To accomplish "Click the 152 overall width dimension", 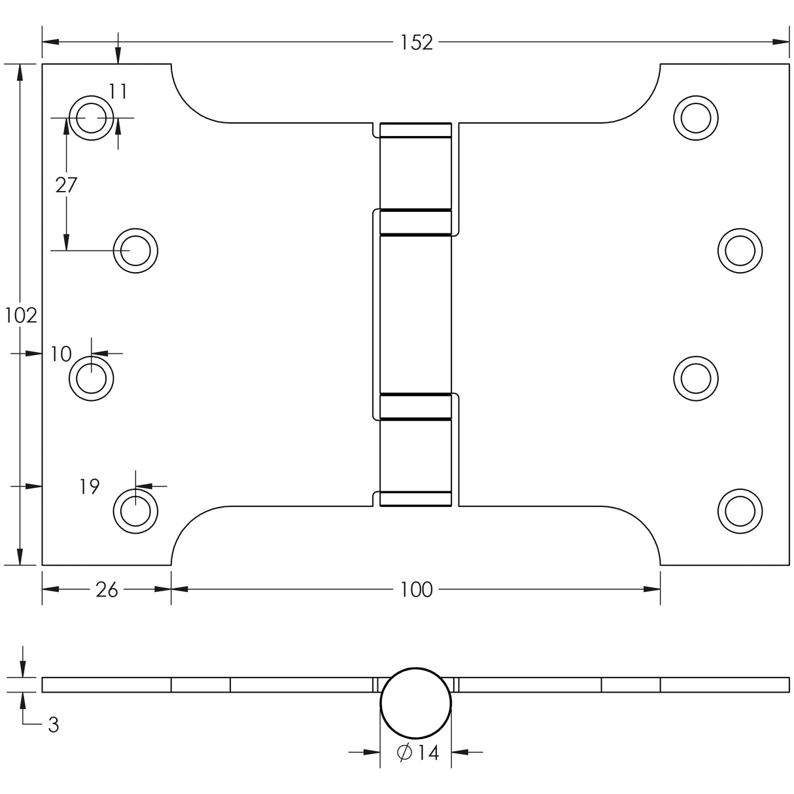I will [417, 43].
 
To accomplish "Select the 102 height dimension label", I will [21, 316].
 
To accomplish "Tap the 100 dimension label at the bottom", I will [417, 590].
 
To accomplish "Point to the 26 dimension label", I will [107, 590].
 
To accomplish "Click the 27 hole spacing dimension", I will [66, 186].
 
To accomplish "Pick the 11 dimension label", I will [118, 92].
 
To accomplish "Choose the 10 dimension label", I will [61, 354].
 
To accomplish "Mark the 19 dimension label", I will [90, 487].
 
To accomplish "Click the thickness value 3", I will [54, 725].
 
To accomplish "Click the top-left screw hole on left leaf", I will [91, 118].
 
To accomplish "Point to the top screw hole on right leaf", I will [696, 118].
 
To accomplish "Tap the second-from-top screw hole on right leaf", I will [740, 250].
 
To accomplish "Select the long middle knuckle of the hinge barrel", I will [415, 314].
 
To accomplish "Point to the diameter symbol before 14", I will [404, 753].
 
